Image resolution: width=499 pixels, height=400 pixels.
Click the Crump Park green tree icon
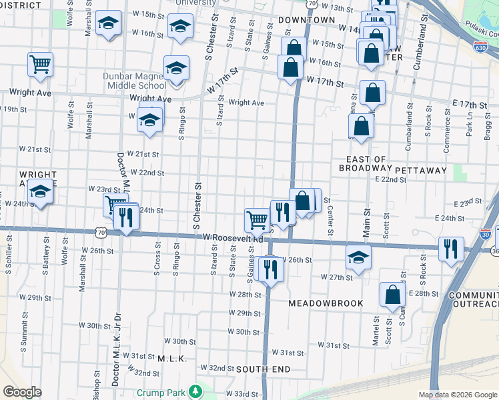pos(195,391)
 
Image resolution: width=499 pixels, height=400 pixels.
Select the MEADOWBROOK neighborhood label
pos(326,303)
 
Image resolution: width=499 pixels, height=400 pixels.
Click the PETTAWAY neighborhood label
pos(420,171)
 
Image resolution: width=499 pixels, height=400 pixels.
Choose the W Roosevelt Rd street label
pos(233,237)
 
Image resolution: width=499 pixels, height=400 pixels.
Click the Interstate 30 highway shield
pos(485,235)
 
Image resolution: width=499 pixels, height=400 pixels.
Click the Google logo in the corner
pos(22,392)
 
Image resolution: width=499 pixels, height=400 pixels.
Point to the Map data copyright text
pos(458,395)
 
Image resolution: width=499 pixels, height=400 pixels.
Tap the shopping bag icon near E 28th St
pos(392,294)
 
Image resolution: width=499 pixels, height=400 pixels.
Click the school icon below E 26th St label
pos(358,258)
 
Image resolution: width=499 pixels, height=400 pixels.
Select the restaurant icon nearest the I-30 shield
pos(451,249)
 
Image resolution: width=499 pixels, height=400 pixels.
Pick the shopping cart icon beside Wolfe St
pos(41,65)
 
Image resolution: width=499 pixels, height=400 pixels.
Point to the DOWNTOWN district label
pos(306,20)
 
